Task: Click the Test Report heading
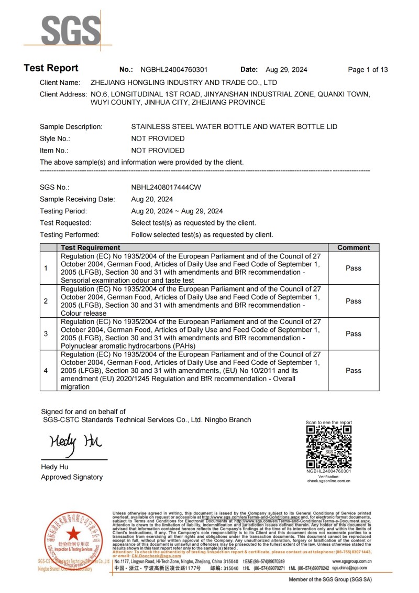(51, 68)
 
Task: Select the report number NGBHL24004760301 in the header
(174, 70)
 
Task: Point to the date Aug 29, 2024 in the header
(286, 70)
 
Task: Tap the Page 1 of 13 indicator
(368, 70)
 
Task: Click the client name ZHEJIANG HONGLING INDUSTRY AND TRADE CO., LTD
(184, 83)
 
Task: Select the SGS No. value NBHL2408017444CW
(166, 187)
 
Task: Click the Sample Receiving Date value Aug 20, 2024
(152, 199)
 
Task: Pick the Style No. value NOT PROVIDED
(158, 139)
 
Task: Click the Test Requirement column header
(90, 247)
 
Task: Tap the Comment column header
(354, 247)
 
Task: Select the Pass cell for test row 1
(354, 268)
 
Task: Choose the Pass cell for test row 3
(354, 334)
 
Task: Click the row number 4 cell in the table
(46, 371)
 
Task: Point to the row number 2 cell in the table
(46, 301)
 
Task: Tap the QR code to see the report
(328, 447)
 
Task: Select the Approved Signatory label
(72, 477)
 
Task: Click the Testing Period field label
(63, 211)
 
